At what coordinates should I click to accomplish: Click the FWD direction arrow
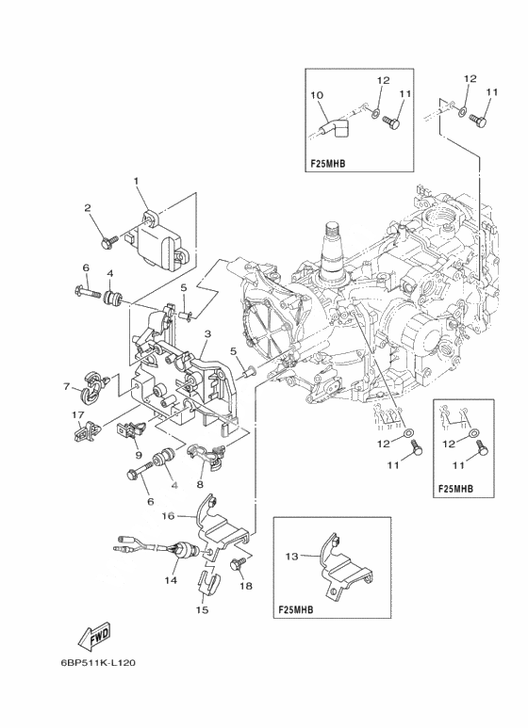[x=95, y=635]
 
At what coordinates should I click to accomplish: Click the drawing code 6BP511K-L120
[x=98, y=663]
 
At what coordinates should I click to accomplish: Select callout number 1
[x=136, y=182]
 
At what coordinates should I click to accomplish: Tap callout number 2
[x=88, y=207]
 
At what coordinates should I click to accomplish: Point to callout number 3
[x=207, y=333]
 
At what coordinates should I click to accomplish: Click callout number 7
[x=67, y=386]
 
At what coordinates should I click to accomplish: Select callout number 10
[x=317, y=96]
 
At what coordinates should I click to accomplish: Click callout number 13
[x=291, y=557]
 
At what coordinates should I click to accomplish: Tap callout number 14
[x=171, y=580]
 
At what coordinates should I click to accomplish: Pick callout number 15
[x=202, y=610]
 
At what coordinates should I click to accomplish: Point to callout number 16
[x=168, y=516]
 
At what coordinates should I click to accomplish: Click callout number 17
[x=77, y=413]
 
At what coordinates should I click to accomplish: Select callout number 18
[x=246, y=586]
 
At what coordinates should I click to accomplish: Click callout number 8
[x=199, y=485]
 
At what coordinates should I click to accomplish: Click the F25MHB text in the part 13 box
[x=296, y=609]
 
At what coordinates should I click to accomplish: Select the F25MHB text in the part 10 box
[x=328, y=164]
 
